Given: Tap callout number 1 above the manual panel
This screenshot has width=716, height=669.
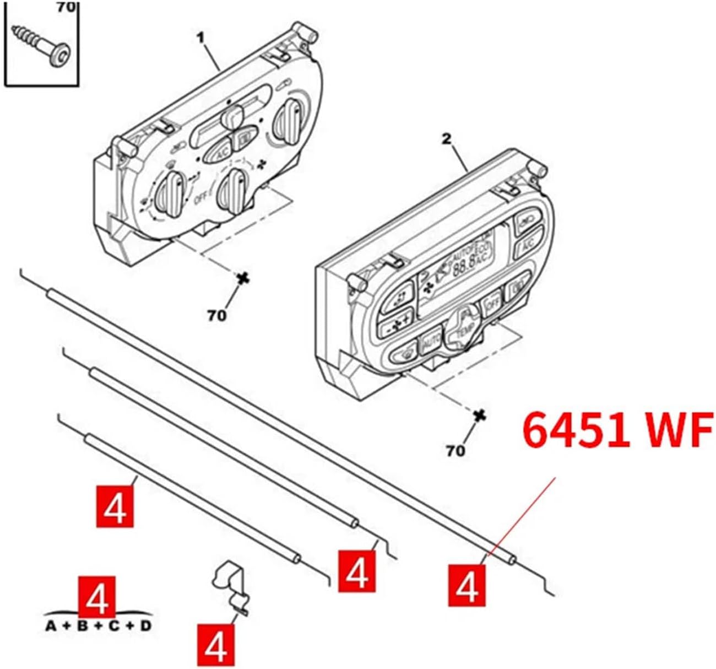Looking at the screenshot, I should pos(201,38).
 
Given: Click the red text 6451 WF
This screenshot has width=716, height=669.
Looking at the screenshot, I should pos(617,431).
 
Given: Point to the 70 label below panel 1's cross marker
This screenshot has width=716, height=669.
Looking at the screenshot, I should pos(216,315).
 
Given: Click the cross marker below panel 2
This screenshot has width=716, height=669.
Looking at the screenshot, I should pos(480,415).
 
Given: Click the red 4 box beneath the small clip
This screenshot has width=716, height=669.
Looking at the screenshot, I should pos(215,644).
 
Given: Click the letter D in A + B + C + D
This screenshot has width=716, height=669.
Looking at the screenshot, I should pos(146,626).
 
